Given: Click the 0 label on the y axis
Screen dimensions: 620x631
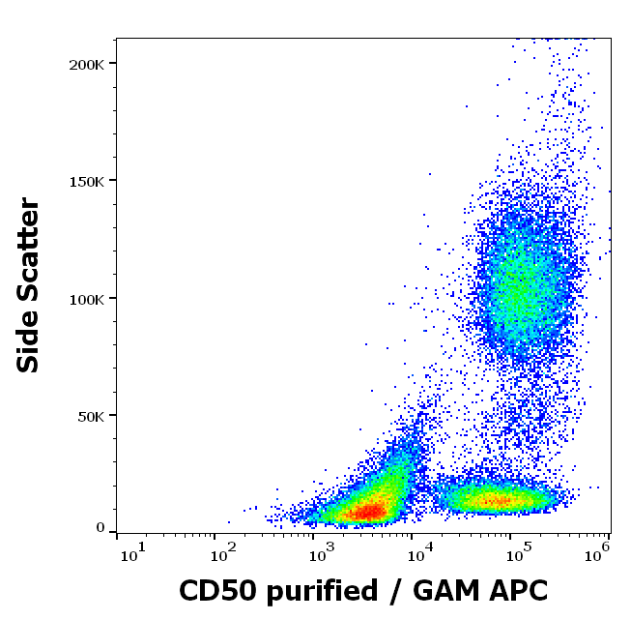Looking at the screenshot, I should pos(100,528).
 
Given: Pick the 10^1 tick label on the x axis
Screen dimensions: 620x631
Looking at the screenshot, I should pos(132,552).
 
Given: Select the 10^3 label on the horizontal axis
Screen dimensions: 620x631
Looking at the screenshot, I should pos(321,552).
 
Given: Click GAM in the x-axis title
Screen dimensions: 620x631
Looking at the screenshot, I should pos(439,590).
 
